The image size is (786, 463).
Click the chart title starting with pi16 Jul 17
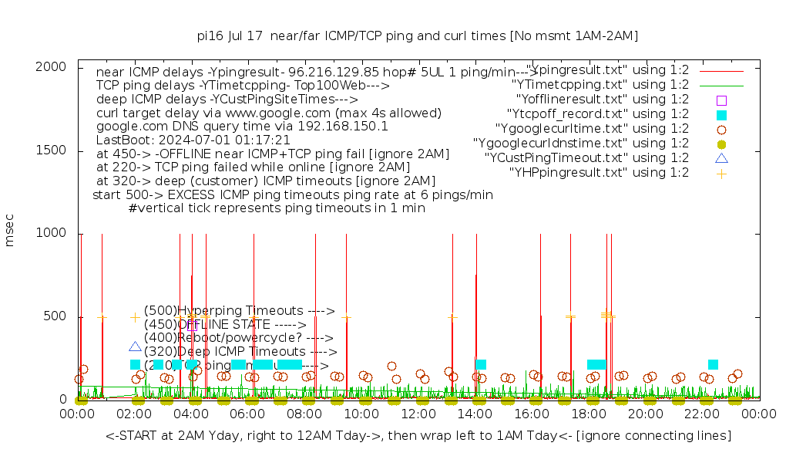click(417, 35)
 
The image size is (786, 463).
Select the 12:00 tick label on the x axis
click(418, 414)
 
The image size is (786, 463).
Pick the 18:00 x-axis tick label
click(589, 414)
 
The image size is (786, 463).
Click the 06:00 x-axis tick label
click(248, 414)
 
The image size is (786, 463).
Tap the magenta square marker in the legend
click(721, 100)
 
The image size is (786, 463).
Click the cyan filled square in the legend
click(721, 115)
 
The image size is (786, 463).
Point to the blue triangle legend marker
click(721, 159)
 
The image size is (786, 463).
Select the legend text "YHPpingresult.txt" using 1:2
click(599, 173)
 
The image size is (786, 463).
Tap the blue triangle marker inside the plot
click(136, 347)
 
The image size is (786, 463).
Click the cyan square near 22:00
click(713, 364)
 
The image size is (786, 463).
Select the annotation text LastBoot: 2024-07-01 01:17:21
click(193, 140)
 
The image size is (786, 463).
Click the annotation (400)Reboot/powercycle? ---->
click(238, 337)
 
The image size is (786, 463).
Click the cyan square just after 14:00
click(481, 364)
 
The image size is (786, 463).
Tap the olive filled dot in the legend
click(721, 144)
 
